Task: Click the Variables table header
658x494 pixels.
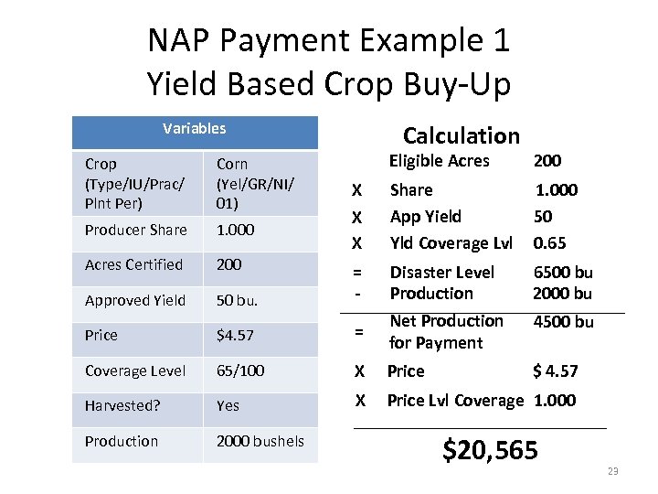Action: [194, 129]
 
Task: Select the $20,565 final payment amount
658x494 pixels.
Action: [490, 449]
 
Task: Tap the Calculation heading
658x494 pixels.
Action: [461, 136]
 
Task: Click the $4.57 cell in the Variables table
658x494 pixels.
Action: [235, 335]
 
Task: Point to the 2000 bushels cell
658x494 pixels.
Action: [260, 441]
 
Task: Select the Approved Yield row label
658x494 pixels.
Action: [134, 300]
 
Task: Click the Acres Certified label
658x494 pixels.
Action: [133, 264]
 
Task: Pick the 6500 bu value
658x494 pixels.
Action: [562, 273]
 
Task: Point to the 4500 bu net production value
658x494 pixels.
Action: [563, 322]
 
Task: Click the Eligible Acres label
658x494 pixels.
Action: [439, 161]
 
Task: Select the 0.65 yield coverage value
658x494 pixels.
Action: [549, 243]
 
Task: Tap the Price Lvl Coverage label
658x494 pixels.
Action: [455, 400]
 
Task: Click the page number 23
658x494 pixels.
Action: [612, 471]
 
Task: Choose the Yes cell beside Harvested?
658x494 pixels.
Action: [228, 405]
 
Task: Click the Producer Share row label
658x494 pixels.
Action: [135, 230]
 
